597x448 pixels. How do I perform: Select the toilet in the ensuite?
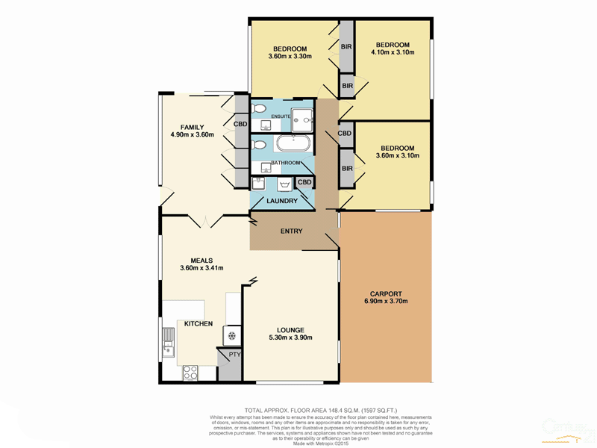259,110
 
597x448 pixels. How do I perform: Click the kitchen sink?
168,348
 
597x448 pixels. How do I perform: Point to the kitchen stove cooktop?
187,370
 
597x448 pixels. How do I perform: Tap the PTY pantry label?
234,355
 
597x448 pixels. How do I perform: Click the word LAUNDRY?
282,201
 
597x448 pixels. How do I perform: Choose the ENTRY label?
291,231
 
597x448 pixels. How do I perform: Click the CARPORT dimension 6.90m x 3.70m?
385,301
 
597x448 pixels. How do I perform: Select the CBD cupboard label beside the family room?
241,125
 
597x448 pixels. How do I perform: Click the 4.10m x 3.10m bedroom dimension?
391,53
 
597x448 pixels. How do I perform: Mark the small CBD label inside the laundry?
304,182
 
